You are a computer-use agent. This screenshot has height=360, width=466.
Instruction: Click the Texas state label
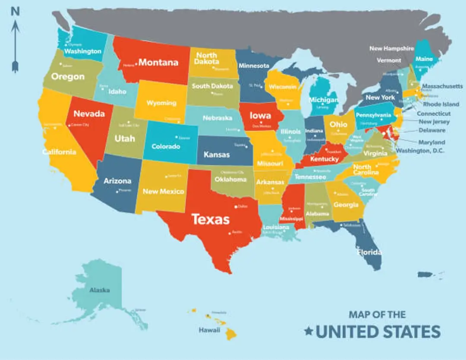tap(211, 219)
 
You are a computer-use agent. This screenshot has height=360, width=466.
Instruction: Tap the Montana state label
tap(158, 63)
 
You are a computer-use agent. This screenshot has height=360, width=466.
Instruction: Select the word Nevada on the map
tap(89, 114)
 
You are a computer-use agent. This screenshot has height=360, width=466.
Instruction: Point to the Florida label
tap(369, 252)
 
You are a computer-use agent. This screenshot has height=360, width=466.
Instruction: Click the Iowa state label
tap(261, 116)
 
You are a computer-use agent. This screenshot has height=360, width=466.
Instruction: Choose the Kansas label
tap(217, 154)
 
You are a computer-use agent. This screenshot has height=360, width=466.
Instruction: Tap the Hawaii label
tap(209, 330)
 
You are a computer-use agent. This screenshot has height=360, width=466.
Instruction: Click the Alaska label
tap(99, 290)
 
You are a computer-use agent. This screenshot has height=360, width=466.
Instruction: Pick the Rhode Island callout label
tap(441, 104)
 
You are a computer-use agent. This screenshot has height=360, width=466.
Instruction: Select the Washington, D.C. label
tap(420, 151)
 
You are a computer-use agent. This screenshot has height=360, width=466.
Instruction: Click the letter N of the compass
tap(16, 12)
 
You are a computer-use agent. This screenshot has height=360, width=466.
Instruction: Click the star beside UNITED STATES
tap(309, 332)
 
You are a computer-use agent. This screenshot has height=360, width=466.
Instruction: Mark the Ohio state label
tap(338, 124)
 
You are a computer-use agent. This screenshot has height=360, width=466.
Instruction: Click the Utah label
tap(125, 139)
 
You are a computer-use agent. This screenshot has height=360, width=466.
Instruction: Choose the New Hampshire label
tap(391, 48)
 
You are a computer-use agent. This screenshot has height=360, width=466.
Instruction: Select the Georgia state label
tap(346, 205)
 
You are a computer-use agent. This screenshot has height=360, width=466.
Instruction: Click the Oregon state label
tap(68, 77)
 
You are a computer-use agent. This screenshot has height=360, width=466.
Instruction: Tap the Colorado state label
tap(166, 146)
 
